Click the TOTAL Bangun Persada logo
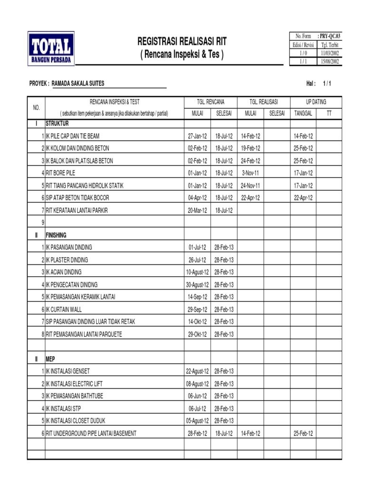[x=51, y=48]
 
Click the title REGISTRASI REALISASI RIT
[x=182, y=42]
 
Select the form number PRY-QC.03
[x=330, y=36]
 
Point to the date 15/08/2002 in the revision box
[x=330, y=61]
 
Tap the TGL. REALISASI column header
[x=264, y=102]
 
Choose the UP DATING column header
[x=316, y=102]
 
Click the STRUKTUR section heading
[x=57, y=123]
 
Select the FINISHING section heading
[x=56, y=235]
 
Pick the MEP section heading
[x=50, y=359]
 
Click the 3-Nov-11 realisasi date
[x=250, y=173]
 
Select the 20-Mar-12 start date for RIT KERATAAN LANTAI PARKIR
[x=197, y=210]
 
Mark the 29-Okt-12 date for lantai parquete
[x=197, y=334]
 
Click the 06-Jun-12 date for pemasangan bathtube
[x=197, y=396]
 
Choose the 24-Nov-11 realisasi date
[x=250, y=186]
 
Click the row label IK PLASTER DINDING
[x=67, y=260]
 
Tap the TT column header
[x=329, y=113]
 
